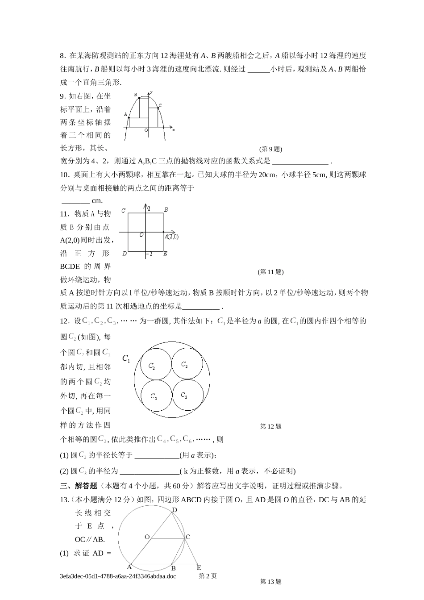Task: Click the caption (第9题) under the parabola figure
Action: tap(270, 149)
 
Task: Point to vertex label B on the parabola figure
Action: tap(136, 95)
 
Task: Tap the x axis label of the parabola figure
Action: tap(173, 129)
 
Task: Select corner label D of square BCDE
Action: tap(124, 254)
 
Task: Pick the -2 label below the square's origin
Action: tap(150, 254)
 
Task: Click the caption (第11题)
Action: tap(270, 271)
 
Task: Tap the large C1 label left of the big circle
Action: tap(126, 358)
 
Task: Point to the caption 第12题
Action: tap(270, 426)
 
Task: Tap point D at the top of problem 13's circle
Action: tap(175, 510)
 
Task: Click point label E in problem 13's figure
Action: tap(199, 567)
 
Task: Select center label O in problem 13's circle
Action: tap(147, 537)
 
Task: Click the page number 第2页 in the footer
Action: tap(208, 576)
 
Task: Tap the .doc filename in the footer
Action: tap(118, 576)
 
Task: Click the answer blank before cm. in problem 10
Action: tap(75, 201)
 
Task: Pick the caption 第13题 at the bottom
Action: tap(270, 581)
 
